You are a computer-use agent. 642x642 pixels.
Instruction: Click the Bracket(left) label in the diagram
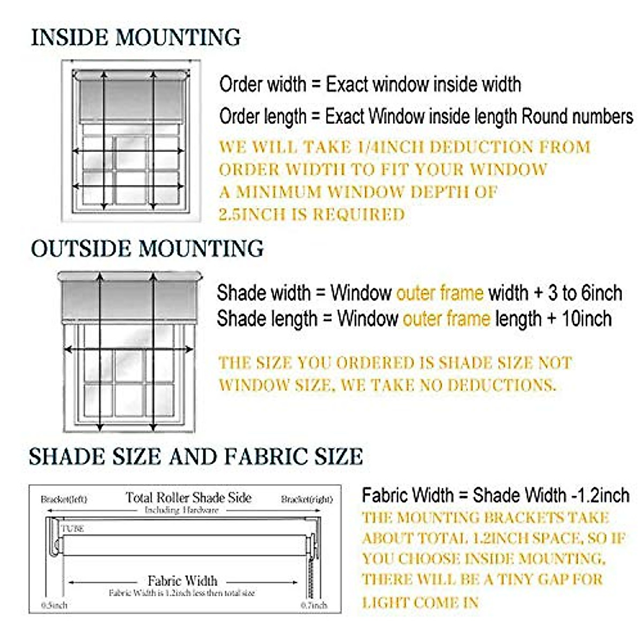click(64, 500)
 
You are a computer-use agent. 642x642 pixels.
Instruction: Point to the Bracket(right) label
click(307, 500)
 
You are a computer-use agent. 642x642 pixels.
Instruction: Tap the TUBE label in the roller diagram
click(73, 529)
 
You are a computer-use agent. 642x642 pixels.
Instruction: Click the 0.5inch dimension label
click(55, 605)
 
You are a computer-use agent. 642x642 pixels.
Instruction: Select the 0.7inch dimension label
click(314, 605)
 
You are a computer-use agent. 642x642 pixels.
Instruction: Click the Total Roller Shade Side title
click(188, 498)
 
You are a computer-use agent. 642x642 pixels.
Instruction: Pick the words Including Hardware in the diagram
click(182, 510)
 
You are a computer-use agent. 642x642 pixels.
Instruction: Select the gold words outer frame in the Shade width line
click(439, 293)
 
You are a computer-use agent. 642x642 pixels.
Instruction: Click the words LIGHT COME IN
click(420, 603)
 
